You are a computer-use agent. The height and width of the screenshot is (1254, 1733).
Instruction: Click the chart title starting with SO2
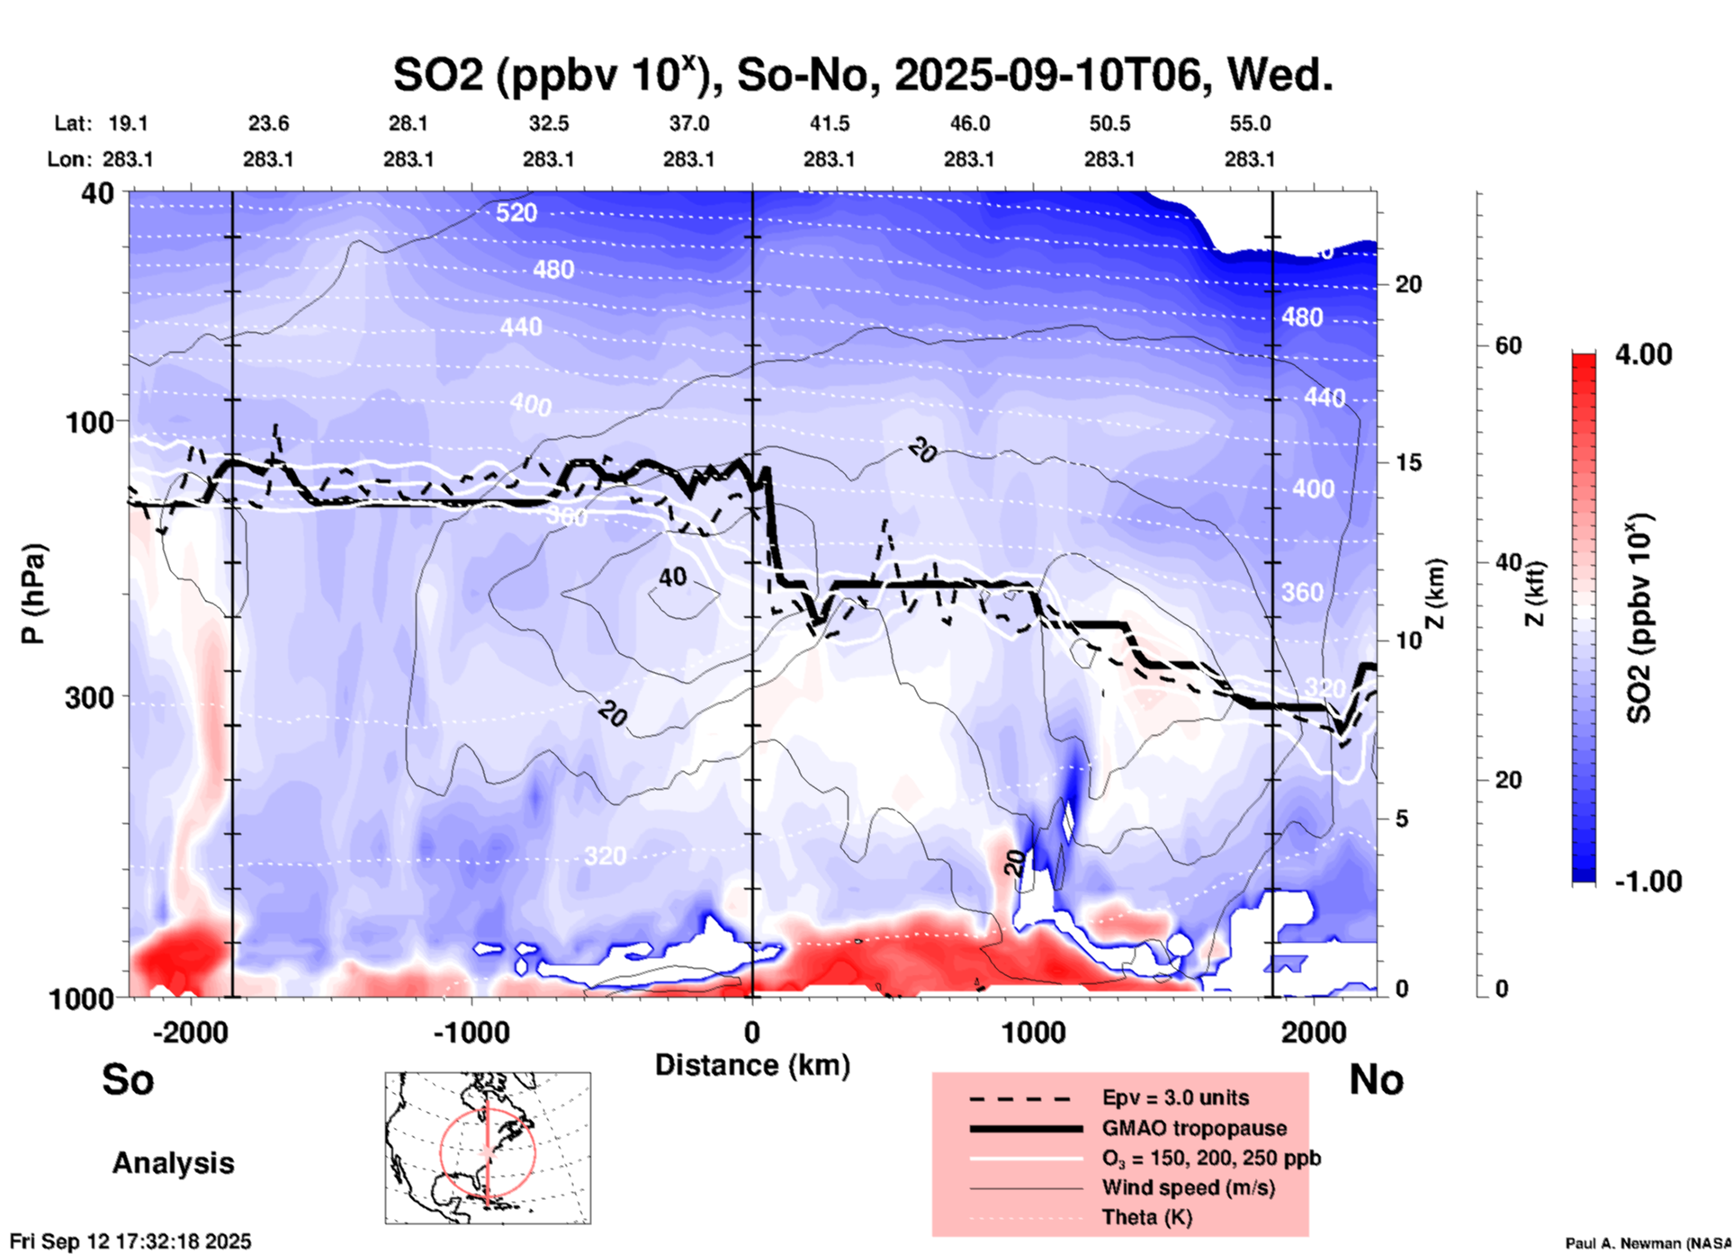862,75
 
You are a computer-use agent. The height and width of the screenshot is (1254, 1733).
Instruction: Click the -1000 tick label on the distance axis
471,1033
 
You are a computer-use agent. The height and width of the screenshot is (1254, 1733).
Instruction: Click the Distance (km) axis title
752,1065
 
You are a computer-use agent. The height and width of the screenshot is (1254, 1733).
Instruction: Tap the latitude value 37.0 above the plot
688,123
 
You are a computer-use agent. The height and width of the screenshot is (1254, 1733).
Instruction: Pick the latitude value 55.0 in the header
1250,123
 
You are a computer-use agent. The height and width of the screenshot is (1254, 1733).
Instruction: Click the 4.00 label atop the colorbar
1643,354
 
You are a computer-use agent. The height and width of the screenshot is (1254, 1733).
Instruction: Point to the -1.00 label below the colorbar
1647,882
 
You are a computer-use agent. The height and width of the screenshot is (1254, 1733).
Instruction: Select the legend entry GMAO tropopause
1194,1128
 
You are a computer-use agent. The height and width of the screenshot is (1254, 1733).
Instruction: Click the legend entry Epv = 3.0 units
1175,1097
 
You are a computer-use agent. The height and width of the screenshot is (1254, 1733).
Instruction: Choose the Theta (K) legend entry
1146,1217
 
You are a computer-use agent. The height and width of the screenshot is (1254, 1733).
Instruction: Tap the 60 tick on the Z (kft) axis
1508,345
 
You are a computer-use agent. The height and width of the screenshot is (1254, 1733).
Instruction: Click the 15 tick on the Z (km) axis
1408,462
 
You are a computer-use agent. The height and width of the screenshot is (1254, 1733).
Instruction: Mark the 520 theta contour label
516,213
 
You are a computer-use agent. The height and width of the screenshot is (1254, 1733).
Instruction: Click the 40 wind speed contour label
673,578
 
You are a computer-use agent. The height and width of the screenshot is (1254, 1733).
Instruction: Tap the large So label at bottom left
128,1079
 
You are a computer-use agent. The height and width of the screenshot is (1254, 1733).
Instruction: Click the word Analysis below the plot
173,1163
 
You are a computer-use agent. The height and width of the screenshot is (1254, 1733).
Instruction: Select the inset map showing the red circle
488,1148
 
